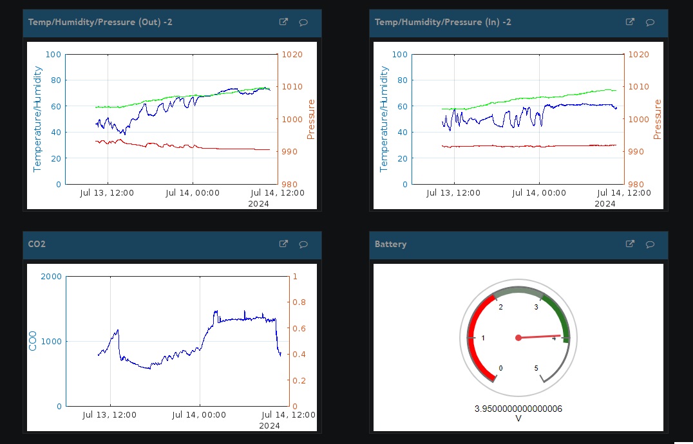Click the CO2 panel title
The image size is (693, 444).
pos(37,245)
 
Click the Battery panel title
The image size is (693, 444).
pos(390,245)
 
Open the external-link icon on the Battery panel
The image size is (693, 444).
pos(630,244)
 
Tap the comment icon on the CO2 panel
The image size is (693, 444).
pos(303,245)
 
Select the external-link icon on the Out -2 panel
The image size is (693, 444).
pos(283,22)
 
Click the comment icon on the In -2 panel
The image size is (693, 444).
pos(650,23)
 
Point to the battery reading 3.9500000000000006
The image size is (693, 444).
pos(518,409)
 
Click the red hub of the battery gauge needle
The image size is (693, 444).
pos(518,338)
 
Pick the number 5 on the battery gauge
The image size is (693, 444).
pos(536,368)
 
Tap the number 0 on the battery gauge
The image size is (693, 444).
pos(500,368)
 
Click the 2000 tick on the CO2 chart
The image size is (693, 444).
pos(51,277)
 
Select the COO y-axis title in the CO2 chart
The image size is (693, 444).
pos(33,341)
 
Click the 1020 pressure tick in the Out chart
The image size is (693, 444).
pos(291,55)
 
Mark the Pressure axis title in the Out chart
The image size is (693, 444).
pos(311,119)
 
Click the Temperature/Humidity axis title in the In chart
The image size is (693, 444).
pos(384,119)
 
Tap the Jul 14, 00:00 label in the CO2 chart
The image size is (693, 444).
pos(199,415)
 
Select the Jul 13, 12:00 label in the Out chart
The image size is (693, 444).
pos(108,192)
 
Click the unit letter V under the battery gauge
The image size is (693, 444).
pos(518,419)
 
